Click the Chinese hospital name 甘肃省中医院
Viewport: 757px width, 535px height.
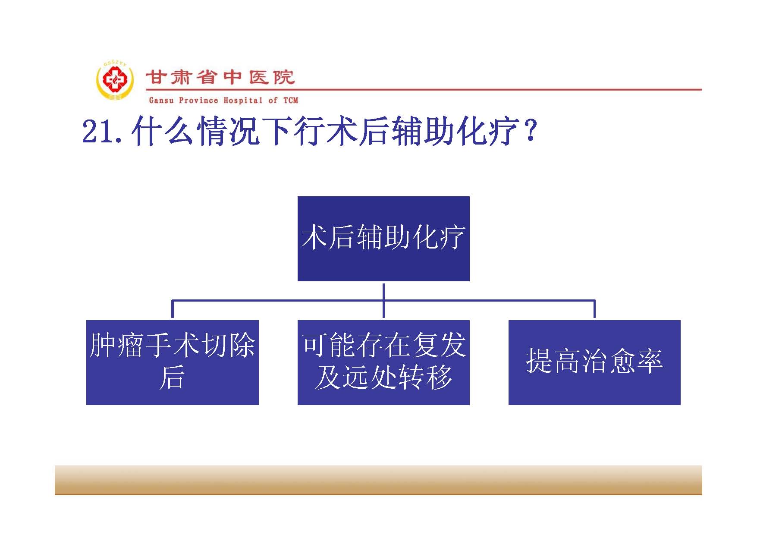220,78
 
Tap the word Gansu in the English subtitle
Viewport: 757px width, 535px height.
161,101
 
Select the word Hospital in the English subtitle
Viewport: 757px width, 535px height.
243,101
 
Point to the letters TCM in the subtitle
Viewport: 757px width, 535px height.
290,101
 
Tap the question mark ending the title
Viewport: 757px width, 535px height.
531,131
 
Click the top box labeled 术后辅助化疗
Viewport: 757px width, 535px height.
383,239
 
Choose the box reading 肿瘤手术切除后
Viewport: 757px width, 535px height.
173,362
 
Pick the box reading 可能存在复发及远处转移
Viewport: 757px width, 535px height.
383,362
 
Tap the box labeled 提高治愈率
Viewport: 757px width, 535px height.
594,362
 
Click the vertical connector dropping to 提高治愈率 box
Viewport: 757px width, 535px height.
594,309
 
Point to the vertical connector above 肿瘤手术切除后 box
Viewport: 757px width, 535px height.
173,309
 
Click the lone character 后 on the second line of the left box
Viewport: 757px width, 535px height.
172,378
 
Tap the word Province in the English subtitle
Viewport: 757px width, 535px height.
198,101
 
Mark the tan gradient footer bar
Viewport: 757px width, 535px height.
378,480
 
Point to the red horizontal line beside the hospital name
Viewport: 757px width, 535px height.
424,90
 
